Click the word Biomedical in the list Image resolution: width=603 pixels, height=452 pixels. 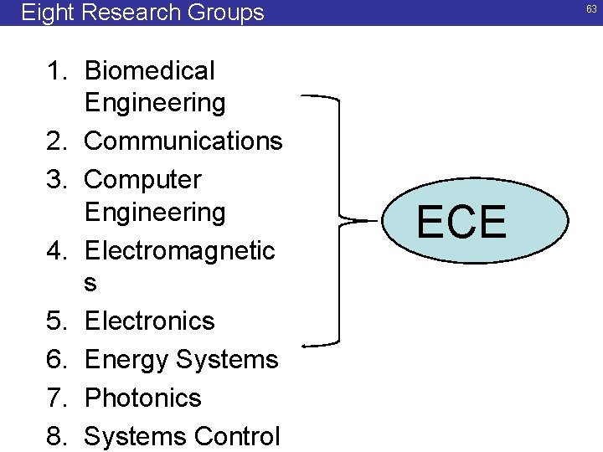click(150, 71)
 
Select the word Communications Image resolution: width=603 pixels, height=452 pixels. click(183, 141)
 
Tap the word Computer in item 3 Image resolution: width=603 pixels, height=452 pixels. click(143, 180)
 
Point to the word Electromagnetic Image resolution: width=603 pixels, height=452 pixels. click(180, 250)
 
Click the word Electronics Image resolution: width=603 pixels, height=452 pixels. click(150, 321)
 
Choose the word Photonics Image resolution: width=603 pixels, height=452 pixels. click(143, 398)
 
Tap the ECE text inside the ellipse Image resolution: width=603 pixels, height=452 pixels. click(461, 222)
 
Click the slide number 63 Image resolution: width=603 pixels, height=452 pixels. click(591, 9)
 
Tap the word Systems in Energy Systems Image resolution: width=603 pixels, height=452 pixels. click(227, 360)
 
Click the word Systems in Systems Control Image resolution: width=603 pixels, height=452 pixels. click(136, 436)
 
